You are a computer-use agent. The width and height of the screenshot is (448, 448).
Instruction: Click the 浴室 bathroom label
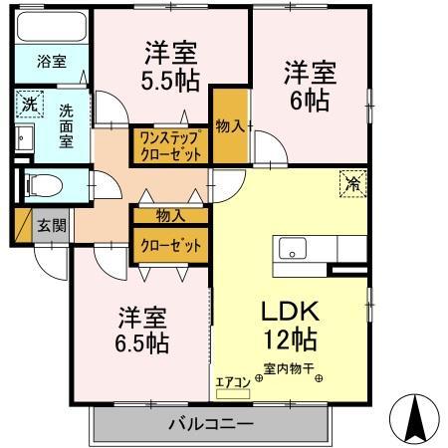tap(52, 62)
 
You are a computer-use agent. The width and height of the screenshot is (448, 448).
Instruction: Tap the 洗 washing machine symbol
tap(29, 103)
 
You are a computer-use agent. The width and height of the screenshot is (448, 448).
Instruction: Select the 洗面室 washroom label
tap(66, 125)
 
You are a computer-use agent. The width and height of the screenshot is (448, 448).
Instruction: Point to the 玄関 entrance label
tap(52, 225)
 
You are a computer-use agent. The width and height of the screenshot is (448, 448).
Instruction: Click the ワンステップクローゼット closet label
tap(170, 145)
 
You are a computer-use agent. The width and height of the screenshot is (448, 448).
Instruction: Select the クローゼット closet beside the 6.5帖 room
tap(170, 244)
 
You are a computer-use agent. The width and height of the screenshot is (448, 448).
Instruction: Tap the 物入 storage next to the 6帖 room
tap(231, 125)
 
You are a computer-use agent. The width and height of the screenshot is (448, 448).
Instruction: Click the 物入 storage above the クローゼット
tap(170, 215)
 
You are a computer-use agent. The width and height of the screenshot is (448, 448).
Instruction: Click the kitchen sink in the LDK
tap(293, 249)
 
